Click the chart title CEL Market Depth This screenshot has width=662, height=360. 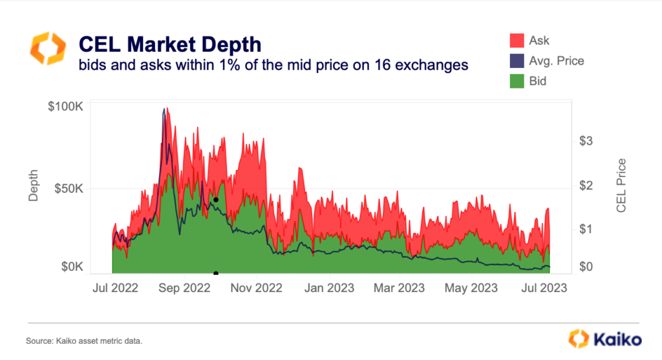pos(169,44)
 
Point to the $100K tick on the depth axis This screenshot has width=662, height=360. pos(65,107)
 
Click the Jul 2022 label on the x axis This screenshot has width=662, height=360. pos(114,288)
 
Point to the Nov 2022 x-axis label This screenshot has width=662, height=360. pos(257,288)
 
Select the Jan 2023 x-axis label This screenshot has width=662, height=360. pos(328,288)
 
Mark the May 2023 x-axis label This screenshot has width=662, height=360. pos(472,288)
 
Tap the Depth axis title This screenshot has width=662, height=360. pos(34,185)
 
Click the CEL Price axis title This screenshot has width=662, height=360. pos(621,185)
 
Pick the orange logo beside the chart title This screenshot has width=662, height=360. pos(47,48)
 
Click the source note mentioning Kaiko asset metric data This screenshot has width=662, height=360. pos(83,341)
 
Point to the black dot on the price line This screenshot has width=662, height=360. pos(216,200)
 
